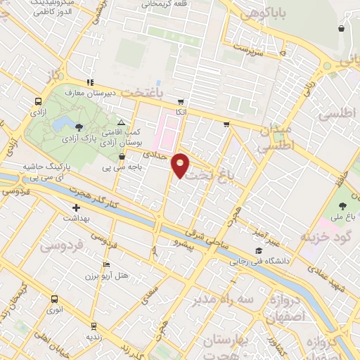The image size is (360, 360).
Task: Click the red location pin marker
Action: point(181,165)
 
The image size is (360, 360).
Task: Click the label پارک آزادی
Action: point(81,140)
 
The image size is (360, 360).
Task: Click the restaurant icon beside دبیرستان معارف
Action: point(89,82)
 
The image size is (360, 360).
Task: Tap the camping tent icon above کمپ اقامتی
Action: point(120,122)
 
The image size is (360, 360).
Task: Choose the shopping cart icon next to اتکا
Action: point(181,101)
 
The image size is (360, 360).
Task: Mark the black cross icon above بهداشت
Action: point(77,207)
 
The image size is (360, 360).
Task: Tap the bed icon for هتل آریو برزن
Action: point(106,265)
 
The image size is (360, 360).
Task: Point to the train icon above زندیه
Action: point(92,326)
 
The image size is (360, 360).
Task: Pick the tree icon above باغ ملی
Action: point(342,206)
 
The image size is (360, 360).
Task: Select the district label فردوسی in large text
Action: point(61,245)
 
